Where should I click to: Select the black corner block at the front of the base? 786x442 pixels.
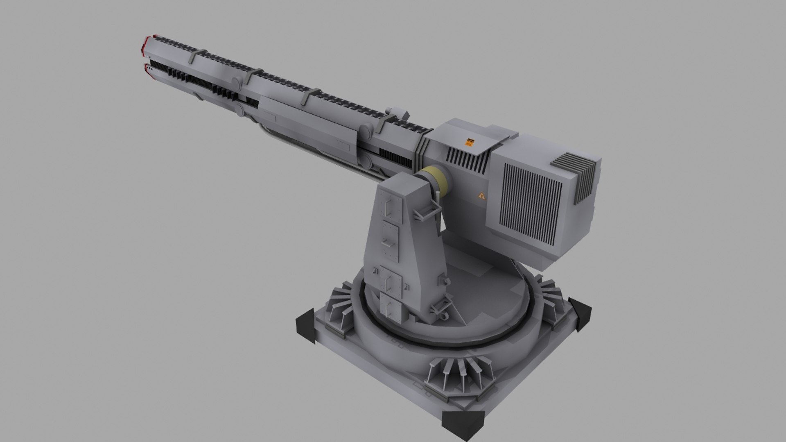click(463, 424)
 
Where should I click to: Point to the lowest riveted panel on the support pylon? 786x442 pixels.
click(392, 306)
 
